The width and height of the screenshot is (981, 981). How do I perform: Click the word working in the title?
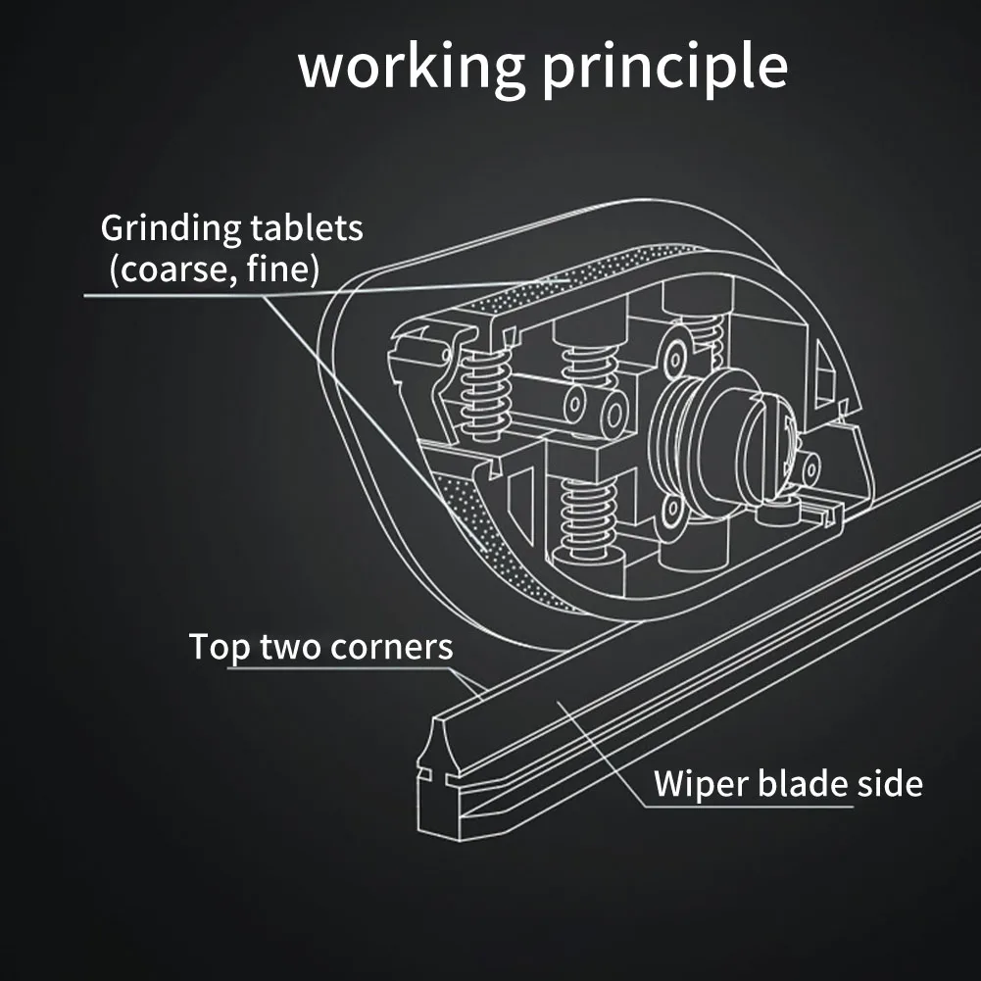click(412, 68)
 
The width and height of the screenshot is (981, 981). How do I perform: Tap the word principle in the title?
click(664, 68)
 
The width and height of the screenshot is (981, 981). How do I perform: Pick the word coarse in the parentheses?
click(176, 270)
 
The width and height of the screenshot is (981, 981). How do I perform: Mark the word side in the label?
click(890, 783)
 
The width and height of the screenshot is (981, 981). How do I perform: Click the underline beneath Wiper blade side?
click(749, 807)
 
